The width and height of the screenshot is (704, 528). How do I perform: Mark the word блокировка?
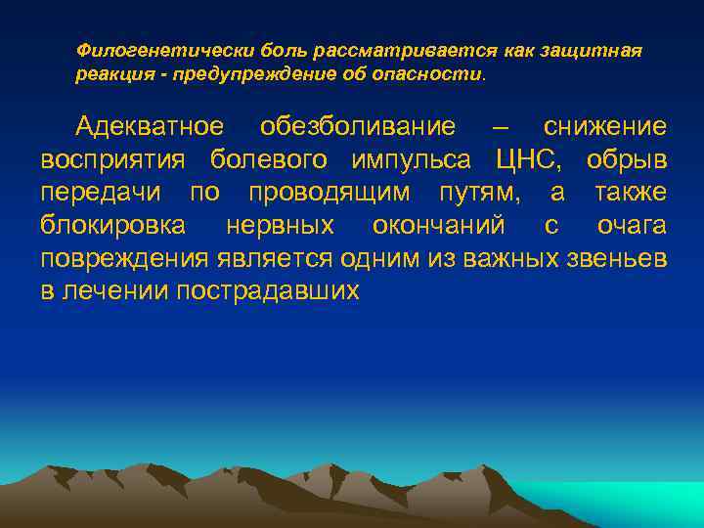click(x=112, y=226)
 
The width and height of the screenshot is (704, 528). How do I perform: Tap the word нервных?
click(x=280, y=226)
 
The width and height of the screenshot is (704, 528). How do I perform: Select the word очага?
click(x=632, y=226)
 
